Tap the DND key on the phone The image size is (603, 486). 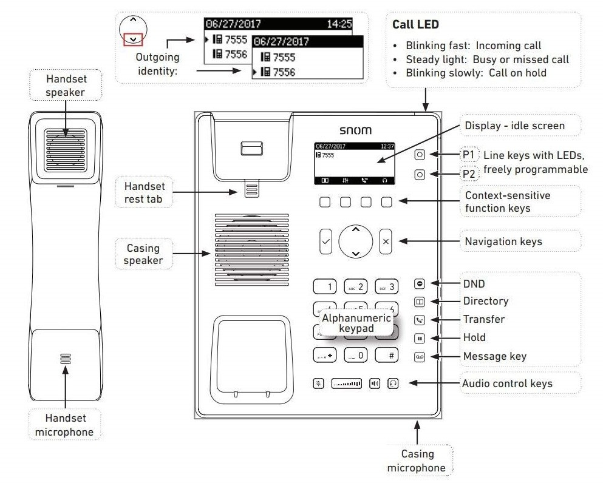(x=420, y=283)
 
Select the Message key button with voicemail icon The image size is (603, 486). (x=420, y=357)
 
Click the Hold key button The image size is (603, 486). (x=420, y=338)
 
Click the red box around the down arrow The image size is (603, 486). (x=134, y=40)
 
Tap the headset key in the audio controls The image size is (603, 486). (x=393, y=383)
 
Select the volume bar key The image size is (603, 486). (x=347, y=383)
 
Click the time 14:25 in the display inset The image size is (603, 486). (x=339, y=25)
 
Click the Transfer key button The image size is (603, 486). (x=420, y=320)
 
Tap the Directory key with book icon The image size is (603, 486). (x=420, y=302)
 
